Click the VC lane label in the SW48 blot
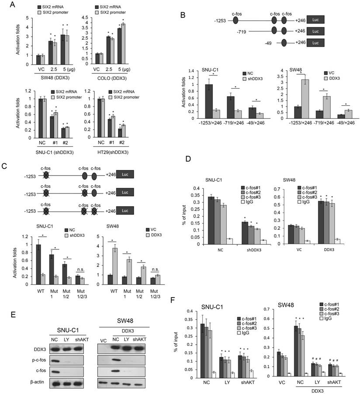point(103,328)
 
